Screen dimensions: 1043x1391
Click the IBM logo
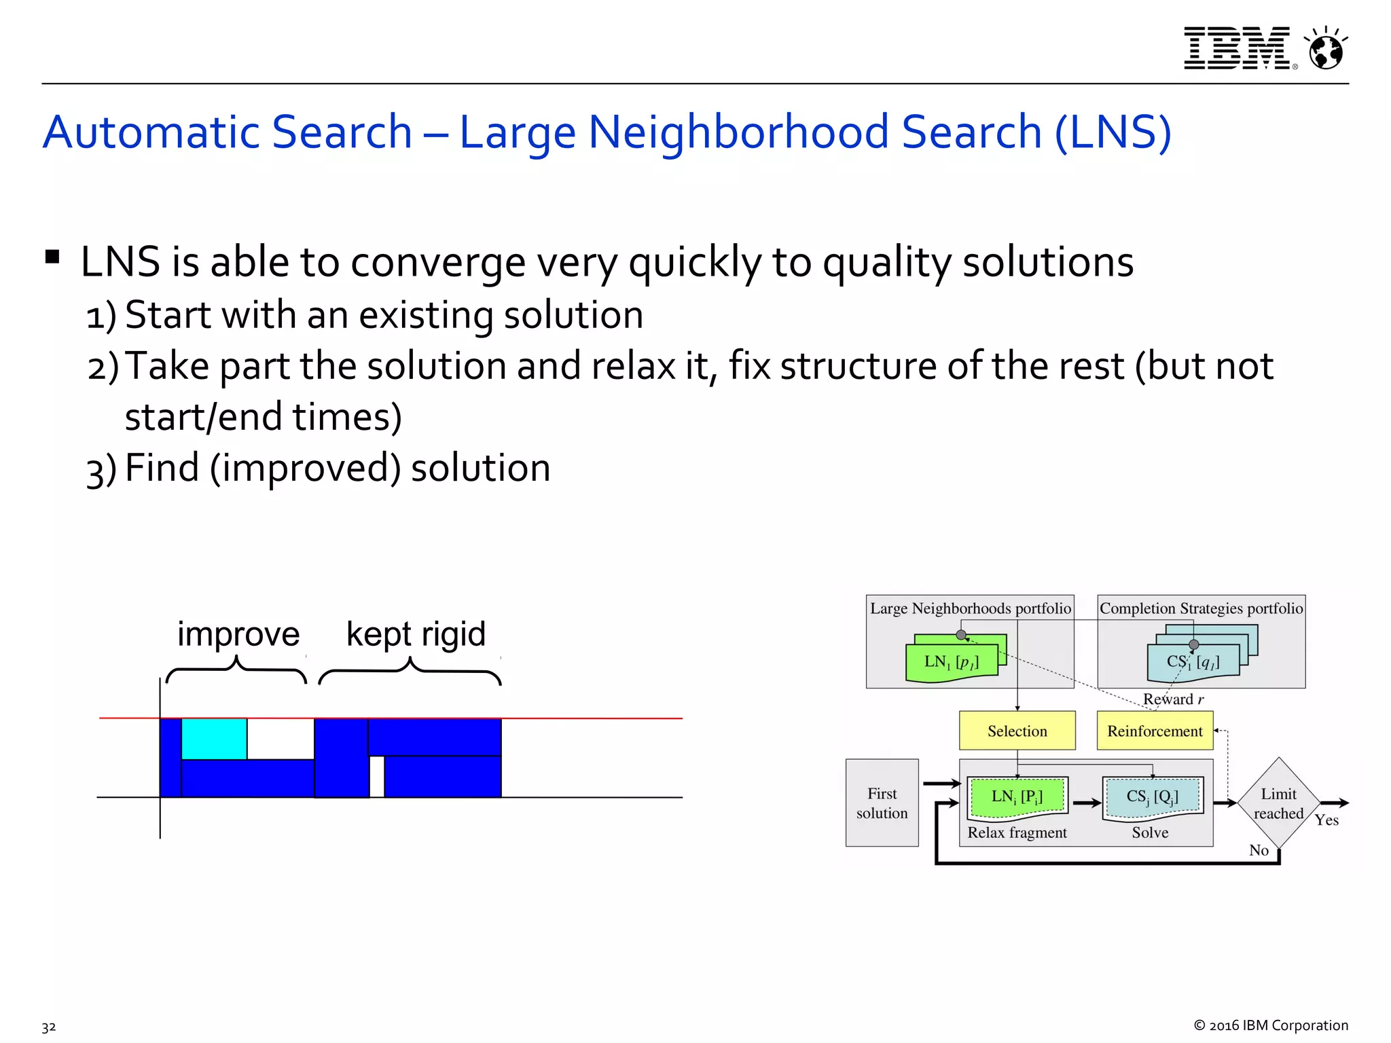point(1236,48)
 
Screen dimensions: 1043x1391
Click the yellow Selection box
point(1017,731)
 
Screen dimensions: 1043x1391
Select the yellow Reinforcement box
point(1155,731)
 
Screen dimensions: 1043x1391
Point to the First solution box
point(882,803)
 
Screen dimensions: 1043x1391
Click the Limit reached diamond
point(1278,803)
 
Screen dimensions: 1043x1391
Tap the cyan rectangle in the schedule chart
point(214,739)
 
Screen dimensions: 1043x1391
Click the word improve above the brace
point(238,634)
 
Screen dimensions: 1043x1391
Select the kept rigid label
point(416,634)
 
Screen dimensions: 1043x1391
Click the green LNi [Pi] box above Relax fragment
point(1017,797)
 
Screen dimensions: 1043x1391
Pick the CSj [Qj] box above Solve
point(1152,797)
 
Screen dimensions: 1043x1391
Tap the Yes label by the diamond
point(1326,820)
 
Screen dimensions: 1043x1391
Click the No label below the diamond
point(1259,850)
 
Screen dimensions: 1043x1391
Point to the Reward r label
point(1173,699)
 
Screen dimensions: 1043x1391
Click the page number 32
point(49,1027)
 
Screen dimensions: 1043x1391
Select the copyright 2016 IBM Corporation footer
point(1271,1025)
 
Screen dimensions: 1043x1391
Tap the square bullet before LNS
point(52,257)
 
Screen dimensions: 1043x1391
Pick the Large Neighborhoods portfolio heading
point(970,608)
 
